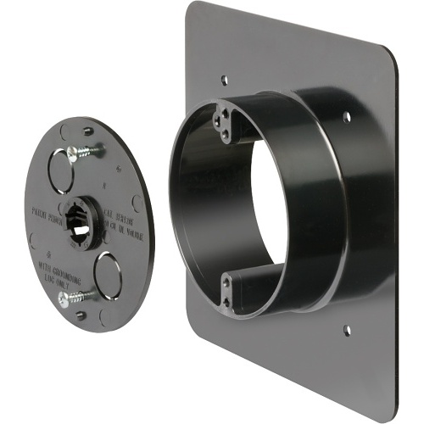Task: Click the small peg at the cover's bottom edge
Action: (81, 315)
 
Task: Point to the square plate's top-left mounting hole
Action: (223, 81)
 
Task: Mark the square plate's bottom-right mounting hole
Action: (347, 326)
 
